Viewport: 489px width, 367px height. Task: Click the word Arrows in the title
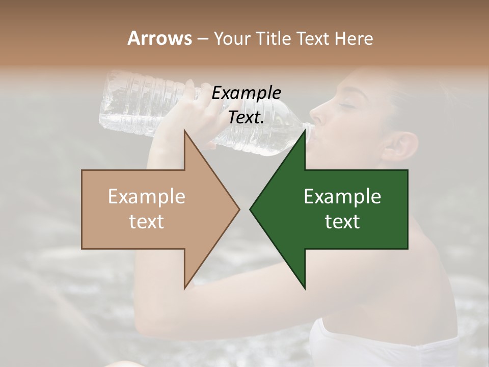pos(159,38)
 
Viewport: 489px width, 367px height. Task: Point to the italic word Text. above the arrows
pos(246,117)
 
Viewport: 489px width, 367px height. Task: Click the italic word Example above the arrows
pos(246,93)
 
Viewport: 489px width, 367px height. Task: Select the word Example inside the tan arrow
pos(146,196)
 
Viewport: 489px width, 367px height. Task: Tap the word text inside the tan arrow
pos(146,222)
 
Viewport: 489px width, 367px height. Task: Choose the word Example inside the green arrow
pos(342,196)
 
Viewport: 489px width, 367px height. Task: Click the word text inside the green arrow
pos(342,222)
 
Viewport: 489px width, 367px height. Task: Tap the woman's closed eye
pos(347,104)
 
